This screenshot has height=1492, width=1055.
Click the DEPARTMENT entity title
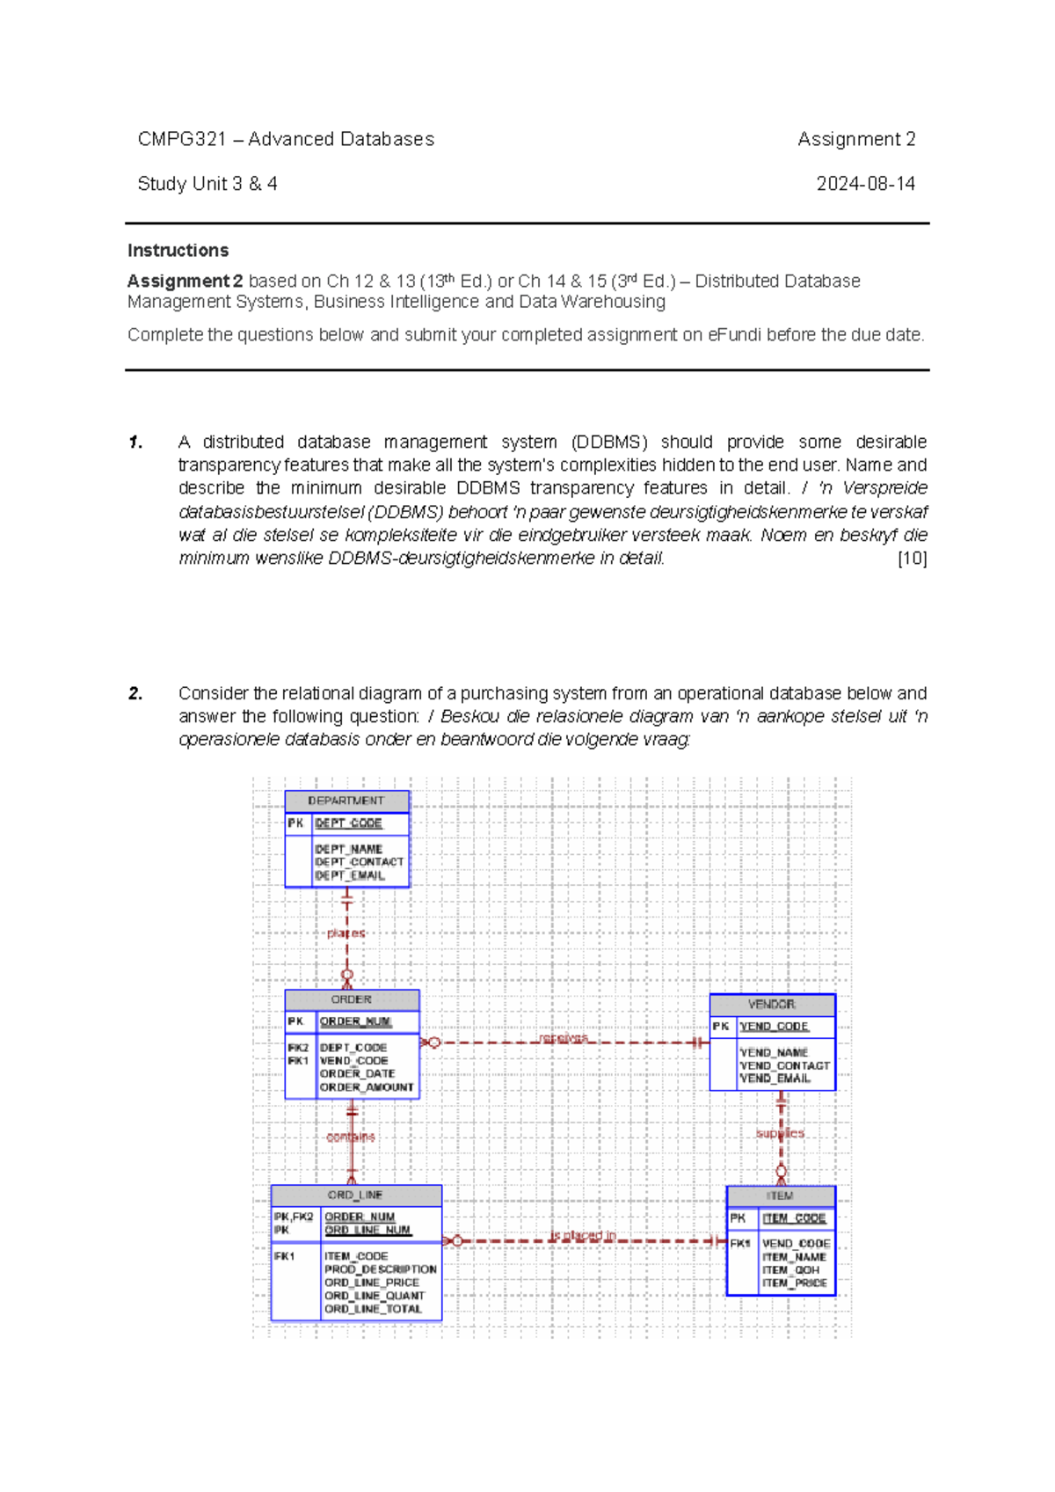pyautogui.click(x=346, y=801)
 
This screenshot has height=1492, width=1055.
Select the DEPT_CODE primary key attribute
pyautogui.click(x=348, y=823)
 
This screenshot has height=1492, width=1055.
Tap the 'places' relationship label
pyautogui.click(x=346, y=933)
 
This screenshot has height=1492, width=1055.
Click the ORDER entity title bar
pyautogui.click(x=351, y=999)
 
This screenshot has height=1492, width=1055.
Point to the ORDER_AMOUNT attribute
pyautogui.click(x=367, y=1087)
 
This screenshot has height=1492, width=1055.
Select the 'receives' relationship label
pyautogui.click(x=564, y=1038)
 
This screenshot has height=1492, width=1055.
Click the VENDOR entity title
pyautogui.click(x=772, y=1004)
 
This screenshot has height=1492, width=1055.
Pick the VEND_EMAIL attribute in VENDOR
pyautogui.click(x=775, y=1079)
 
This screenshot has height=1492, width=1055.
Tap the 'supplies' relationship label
pyautogui.click(x=780, y=1133)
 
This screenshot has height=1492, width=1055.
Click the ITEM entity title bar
pyautogui.click(x=780, y=1196)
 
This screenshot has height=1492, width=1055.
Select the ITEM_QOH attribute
pyautogui.click(x=790, y=1270)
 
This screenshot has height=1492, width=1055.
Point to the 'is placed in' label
pyautogui.click(x=583, y=1235)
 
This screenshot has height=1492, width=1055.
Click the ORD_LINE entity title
pyautogui.click(x=355, y=1195)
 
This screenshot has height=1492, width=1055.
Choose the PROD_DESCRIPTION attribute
pyautogui.click(x=380, y=1269)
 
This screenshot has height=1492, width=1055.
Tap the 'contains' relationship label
pyautogui.click(x=350, y=1137)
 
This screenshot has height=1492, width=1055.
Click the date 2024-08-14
pyautogui.click(x=865, y=184)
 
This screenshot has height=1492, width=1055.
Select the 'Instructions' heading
pyautogui.click(x=178, y=251)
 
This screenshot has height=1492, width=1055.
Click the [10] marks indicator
pyautogui.click(x=912, y=558)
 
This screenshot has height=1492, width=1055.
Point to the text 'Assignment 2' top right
pyautogui.click(x=856, y=139)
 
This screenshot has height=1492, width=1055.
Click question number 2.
pyautogui.click(x=135, y=693)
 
